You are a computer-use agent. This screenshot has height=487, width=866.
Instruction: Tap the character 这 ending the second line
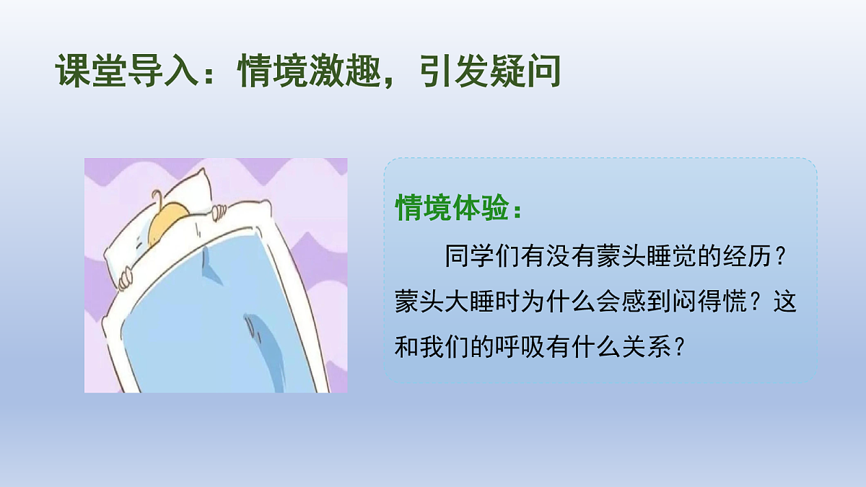point(784,302)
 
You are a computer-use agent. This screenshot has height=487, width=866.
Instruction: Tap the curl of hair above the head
point(157,196)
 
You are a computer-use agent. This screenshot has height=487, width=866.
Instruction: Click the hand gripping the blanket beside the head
point(219,211)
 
